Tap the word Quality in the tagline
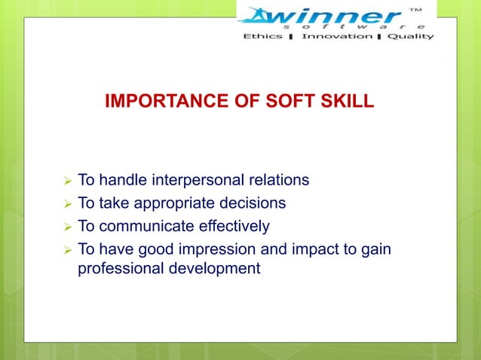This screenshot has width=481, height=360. pos(411,35)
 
